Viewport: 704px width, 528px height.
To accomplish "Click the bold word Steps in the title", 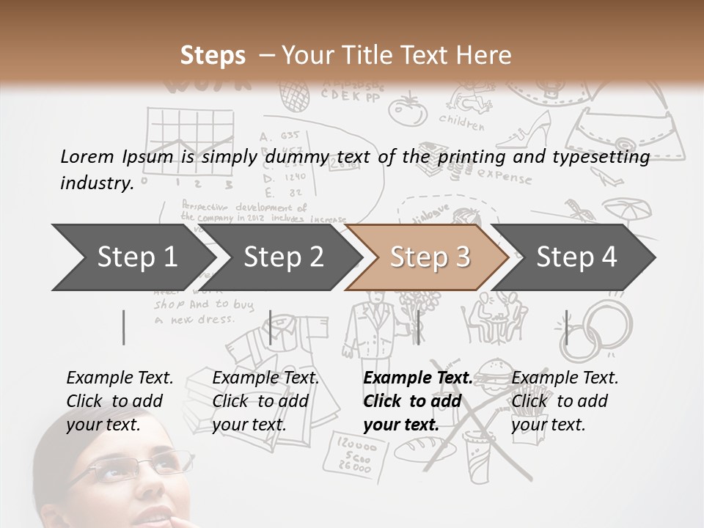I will [213, 56].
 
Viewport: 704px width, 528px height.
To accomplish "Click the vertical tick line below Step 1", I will [124, 327].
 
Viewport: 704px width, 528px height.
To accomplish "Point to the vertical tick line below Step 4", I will [566, 327].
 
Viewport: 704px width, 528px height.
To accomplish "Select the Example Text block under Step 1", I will [120, 400].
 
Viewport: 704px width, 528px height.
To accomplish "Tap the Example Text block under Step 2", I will [265, 400].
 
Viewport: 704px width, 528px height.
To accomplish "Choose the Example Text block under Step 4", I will [565, 400].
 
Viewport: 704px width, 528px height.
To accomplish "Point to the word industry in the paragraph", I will [97, 183].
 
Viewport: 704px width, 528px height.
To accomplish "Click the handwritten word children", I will [462, 122].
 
